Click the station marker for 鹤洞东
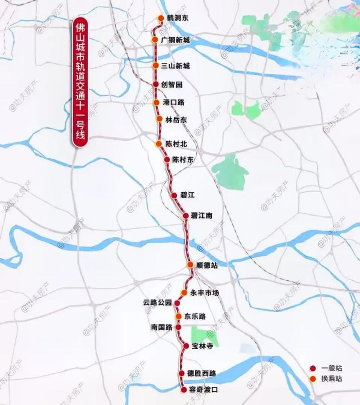click(161, 18)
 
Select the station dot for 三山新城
click(156, 66)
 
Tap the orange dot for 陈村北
click(158, 144)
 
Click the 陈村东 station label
click(183, 160)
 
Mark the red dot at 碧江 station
click(174, 195)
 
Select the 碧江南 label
click(201, 216)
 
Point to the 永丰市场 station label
click(205, 293)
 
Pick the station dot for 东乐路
click(179, 316)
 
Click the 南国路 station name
click(162, 328)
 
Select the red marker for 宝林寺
click(186, 346)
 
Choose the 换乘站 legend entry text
click(332, 379)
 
